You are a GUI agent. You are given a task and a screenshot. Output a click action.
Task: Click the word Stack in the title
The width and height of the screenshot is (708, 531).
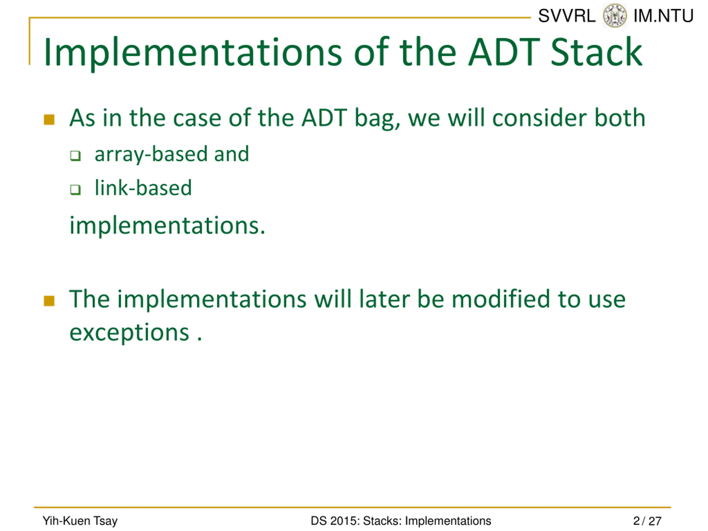[596, 52]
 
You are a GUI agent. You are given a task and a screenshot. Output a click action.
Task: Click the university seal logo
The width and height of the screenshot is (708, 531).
[615, 16]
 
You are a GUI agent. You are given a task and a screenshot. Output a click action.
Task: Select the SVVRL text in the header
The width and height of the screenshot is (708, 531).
[567, 16]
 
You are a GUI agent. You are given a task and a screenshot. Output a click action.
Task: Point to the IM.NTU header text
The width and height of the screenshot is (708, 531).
[663, 16]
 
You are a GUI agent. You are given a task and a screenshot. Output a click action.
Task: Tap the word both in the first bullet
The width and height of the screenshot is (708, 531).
[620, 118]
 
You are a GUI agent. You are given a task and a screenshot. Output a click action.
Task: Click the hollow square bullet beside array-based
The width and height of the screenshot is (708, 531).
[75, 155]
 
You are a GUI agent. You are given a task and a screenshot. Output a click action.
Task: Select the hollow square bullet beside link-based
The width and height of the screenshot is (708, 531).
[75, 189]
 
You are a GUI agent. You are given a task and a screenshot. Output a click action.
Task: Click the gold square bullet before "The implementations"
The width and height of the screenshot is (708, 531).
[49, 301]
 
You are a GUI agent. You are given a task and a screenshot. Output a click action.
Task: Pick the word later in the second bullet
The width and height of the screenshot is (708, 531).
[384, 299]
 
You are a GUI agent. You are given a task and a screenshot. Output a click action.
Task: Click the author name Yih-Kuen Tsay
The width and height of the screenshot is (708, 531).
[80, 521]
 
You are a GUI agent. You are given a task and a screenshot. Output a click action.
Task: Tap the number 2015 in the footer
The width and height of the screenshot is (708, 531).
[342, 521]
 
